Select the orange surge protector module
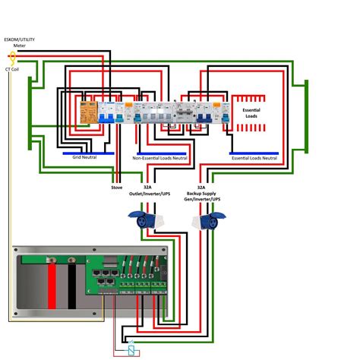[x=89, y=114]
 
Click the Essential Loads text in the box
[x=251, y=112]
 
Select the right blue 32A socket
[x=208, y=222]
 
